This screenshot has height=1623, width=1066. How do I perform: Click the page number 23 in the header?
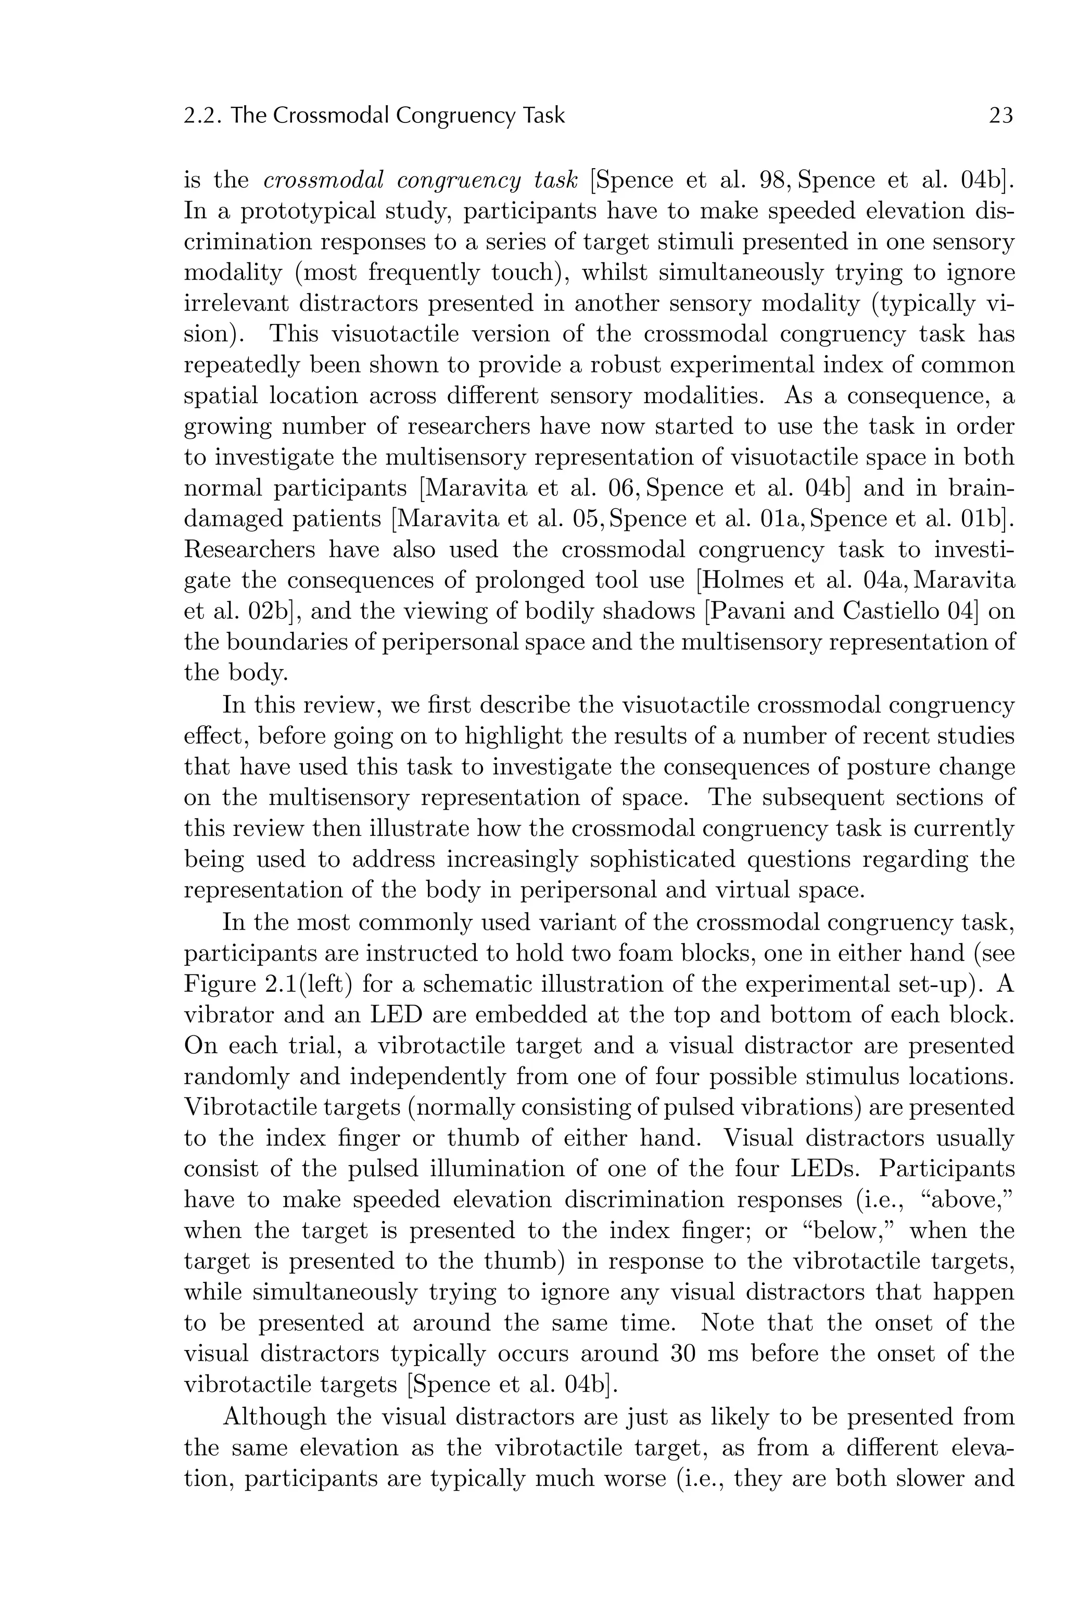1000,115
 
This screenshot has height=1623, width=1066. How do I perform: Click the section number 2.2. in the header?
202,115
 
